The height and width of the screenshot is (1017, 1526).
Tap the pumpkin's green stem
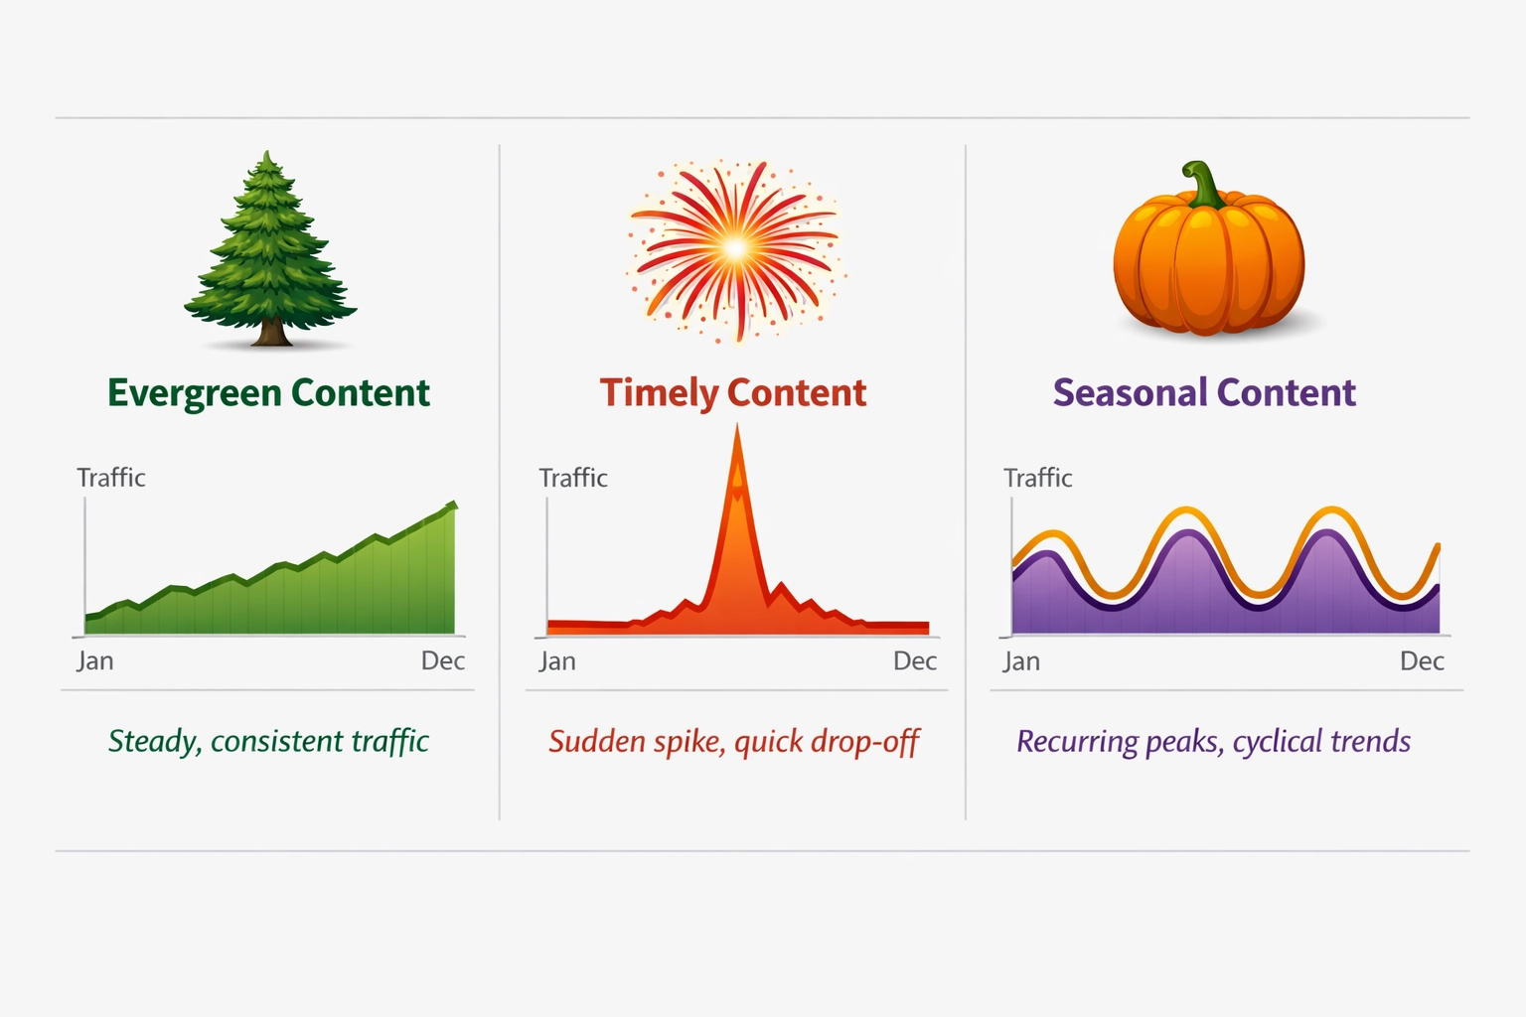[x=1203, y=185]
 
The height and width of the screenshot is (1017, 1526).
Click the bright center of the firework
[x=734, y=248]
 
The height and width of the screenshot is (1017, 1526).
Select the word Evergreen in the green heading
[x=194, y=393]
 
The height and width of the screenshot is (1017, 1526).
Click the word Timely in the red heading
[x=658, y=393]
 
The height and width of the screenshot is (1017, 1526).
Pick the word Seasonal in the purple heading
[x=1130, y=393]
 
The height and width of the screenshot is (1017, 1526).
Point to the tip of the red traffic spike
[x=737, y=428]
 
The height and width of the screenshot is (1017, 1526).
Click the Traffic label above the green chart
[x=111, y=478]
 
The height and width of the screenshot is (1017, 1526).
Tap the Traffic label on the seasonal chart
[x=1037, y=478]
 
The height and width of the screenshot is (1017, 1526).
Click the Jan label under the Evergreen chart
[x=95, y=660]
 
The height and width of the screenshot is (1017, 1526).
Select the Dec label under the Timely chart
[x=914, y=660]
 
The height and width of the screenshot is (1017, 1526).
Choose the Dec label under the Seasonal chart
[x=1421, y=660]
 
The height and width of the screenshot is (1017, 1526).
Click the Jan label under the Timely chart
[x=557, y=660]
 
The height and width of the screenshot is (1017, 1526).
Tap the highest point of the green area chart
[x=453, y=505]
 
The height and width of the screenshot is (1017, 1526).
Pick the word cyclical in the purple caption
[x=1277, y=741]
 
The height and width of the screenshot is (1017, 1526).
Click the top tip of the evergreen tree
[x=266, y=154]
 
